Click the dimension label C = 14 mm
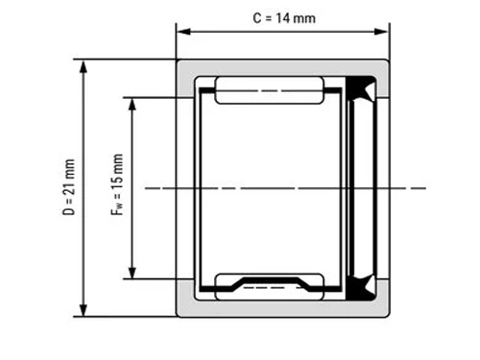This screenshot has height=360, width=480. [284, 18]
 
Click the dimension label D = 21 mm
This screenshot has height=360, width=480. [69, 187]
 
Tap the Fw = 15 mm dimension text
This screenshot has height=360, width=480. [117, 184]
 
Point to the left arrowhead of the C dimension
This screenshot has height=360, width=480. [183, 32]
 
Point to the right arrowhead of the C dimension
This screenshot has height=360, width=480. [381, 32]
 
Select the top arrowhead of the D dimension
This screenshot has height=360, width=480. [84, 67]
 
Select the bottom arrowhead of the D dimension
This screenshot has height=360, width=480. [84, 309]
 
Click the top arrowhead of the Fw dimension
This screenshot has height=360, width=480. [132, 105]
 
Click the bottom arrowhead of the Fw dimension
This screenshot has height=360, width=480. [132, 272]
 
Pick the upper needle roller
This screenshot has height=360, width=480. [269, 90]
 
